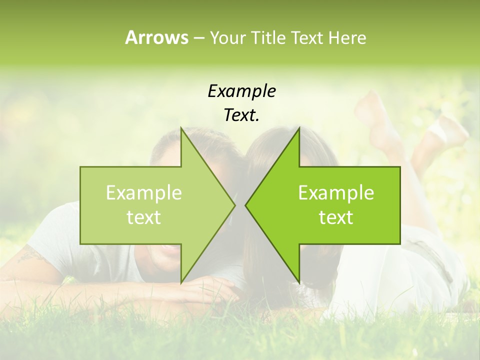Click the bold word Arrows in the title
(156, 37)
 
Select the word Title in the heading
(267, 38)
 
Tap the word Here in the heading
(347, 38)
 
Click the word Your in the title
(226, 38)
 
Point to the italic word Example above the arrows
(241, 91)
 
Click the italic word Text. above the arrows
(241, 115)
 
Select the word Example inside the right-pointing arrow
(144, 193)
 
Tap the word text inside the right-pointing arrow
(144, 217)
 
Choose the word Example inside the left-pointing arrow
(336, 193)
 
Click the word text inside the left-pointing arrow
(336, 217)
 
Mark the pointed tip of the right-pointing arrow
(234, 205)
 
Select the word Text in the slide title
(307, 38)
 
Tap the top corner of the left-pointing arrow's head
(299, 128)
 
